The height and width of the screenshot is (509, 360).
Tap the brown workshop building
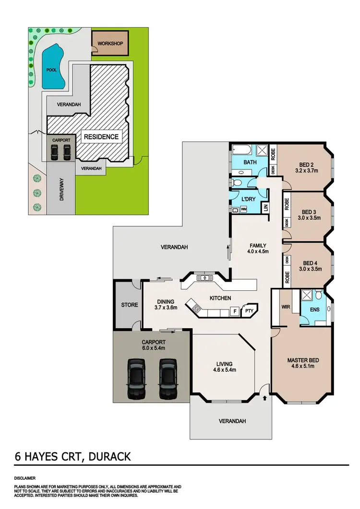pos(110,44)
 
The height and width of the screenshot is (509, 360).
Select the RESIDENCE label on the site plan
pos(101,137)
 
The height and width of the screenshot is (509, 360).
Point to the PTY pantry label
pos(249,311)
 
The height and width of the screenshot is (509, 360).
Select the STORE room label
pos(129,305)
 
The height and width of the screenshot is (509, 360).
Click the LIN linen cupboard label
pos(264,208)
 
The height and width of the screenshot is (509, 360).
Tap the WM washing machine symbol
pos(243,209)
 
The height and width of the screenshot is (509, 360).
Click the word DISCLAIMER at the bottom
pos(25,478)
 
